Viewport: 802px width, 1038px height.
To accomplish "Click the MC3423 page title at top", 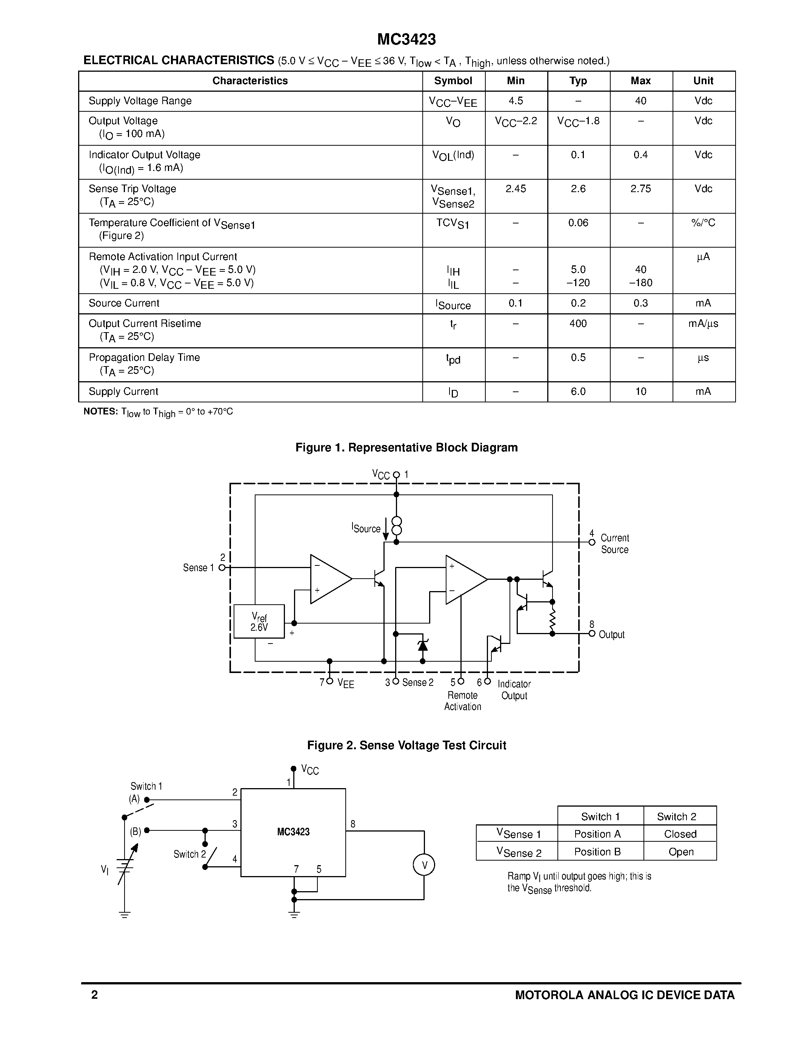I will pos(406,40).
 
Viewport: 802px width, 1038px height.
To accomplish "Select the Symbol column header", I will pos(453,81).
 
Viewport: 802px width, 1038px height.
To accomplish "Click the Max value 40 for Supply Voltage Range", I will pos(640,101).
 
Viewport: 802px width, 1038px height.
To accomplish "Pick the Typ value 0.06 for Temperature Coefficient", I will pos(578,222).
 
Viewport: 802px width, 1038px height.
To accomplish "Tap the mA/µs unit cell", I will pos(703,323).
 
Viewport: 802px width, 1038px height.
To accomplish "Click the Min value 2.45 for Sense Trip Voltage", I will pos(516,189).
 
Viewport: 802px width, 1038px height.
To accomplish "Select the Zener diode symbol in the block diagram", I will pos(422,645).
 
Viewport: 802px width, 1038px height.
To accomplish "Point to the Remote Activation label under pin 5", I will pos(462,701).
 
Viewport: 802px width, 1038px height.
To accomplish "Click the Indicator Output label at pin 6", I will pos(514,690).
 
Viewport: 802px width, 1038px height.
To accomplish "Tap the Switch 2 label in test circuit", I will pos(189,854).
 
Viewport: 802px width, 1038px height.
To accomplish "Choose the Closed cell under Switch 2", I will pos(680,834).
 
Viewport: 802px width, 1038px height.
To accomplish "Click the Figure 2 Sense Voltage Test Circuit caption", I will pos(406,745).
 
